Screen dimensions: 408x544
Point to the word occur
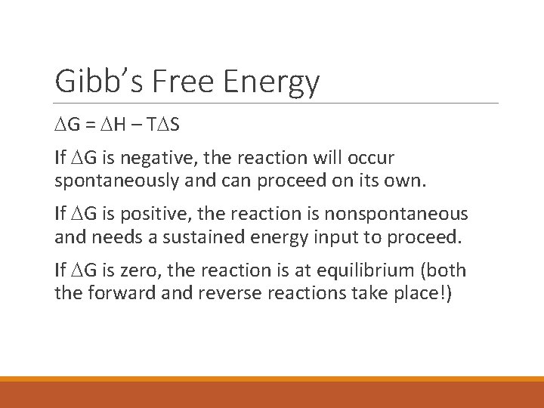pyautogui.click(x=372, y=159)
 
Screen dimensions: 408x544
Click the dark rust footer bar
pyautogui.click(x=272, y=395)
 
